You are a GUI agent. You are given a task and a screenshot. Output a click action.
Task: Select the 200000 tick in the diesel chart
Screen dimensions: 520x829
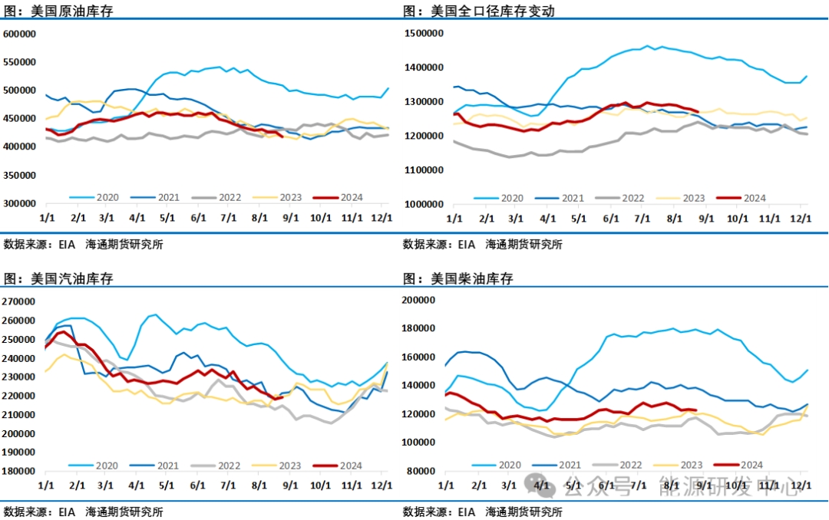[423, 300]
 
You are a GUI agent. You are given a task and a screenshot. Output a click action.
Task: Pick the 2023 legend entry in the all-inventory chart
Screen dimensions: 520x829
[692, 197]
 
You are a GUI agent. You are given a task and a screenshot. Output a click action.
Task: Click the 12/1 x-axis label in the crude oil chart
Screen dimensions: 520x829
[382, 218]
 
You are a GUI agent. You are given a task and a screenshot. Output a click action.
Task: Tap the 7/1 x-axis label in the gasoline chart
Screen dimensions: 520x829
[227, 485]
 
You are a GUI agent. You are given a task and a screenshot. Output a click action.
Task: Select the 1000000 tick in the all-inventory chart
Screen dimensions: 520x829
[424, 204]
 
